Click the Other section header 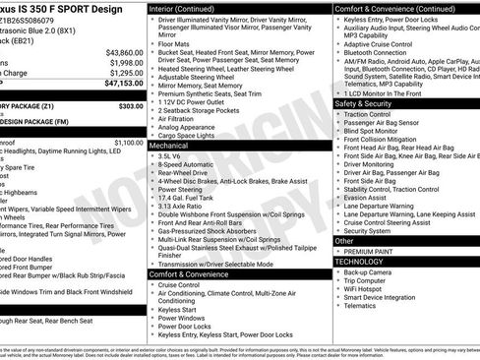click(344, 240)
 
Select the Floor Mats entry click(176, 43)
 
